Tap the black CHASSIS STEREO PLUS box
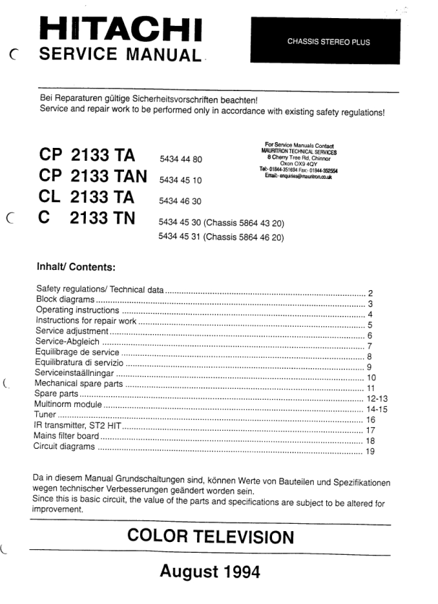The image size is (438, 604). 328,42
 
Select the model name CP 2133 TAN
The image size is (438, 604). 92,177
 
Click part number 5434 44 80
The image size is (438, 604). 180,159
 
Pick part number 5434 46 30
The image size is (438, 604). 180,201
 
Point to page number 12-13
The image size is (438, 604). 377,399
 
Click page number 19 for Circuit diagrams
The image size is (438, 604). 370,452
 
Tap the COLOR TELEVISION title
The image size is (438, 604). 210,537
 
